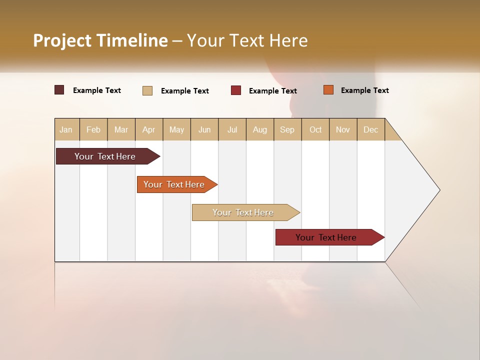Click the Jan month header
point(66,129)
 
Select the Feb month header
point(93,129)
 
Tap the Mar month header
point(121,129)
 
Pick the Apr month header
point(149,129)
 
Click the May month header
point(176,129)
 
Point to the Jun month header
point(204,129)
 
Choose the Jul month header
point(232,129)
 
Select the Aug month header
point(260,129)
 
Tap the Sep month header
point(287,129)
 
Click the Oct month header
point(315,129)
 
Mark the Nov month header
point(343,129)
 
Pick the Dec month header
point(371,129)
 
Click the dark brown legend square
point(59,90)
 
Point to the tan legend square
point(147,90)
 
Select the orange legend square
point(328,90)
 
